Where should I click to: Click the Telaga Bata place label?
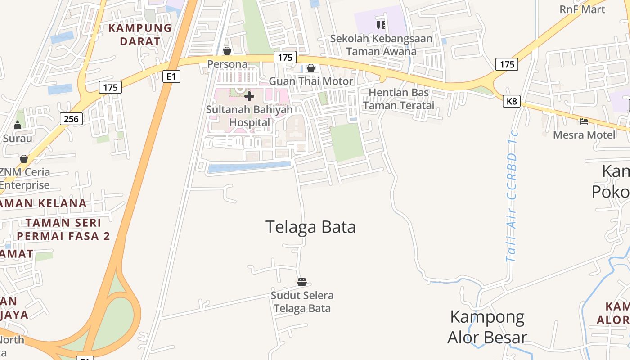[x=310, y=227]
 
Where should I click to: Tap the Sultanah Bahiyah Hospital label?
[x=249, y=116]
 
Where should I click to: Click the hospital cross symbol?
[x=249, y=96]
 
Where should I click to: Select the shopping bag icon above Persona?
[x=227, y=51]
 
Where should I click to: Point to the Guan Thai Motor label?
[x=311, y=81]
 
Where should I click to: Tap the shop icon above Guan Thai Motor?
[x=310, y=68]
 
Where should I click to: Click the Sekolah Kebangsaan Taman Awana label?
[x=381, y=45]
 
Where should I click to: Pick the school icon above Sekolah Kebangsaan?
[x=381, y=25]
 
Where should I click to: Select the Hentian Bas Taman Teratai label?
[x=399, y=99]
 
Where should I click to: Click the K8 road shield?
[x=512, y=101]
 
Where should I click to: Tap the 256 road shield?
[x=71, y=119]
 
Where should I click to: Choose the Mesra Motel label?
[x=584, y=135]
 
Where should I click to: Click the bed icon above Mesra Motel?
[x=584, y=121]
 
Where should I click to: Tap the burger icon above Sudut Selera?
[x=302, y=283]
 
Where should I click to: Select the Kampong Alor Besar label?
[x=487, y=327]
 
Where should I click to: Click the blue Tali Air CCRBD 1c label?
[x=512, y=196]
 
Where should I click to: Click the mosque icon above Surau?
[x=18, y=125]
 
